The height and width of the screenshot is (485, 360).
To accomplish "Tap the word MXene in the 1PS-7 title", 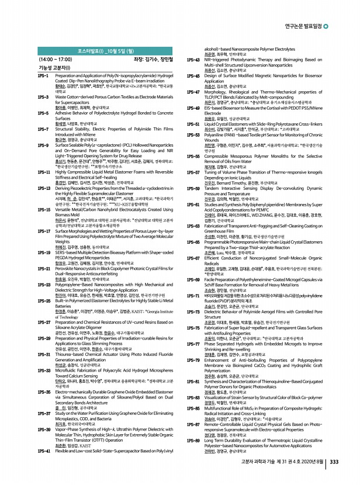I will pos(95,133).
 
